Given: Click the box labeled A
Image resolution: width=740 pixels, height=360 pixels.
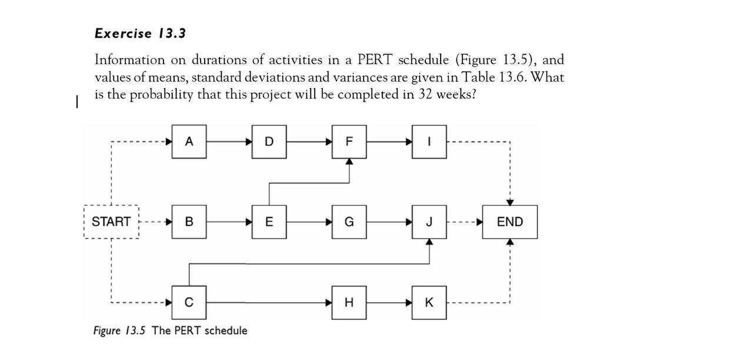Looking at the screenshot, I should pos(189,142).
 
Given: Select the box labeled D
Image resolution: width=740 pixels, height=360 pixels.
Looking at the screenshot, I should pos(269,142).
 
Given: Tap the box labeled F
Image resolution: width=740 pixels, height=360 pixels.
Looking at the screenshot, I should pos(349,142).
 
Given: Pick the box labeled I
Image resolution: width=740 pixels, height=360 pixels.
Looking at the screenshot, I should pos(429,142).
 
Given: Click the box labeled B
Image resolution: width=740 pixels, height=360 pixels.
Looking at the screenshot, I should pos(189,222).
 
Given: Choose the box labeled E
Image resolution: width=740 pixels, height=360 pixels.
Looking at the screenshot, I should pos(269,222).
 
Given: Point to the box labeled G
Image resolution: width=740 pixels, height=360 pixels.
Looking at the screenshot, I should pos(349,222).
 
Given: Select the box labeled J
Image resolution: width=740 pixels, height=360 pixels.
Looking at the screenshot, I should pos(429,222).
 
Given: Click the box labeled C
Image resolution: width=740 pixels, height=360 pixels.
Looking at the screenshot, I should pos(189,302).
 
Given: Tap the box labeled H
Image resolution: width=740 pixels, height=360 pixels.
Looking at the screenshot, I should pos(349,302).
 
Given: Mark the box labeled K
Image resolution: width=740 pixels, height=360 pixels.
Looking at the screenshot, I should pos(429,302).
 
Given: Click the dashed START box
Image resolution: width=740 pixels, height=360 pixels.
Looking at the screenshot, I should pos(111,222).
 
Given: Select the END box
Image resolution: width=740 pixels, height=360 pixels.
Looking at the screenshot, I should pos(509,222).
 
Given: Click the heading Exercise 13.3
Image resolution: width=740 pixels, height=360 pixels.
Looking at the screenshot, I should pos(140,34).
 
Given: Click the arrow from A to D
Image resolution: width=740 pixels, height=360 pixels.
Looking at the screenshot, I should pos(229,142).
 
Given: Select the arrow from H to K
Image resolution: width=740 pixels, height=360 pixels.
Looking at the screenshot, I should pos(389,302).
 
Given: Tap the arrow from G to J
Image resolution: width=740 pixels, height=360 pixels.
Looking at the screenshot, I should pos(389,222).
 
